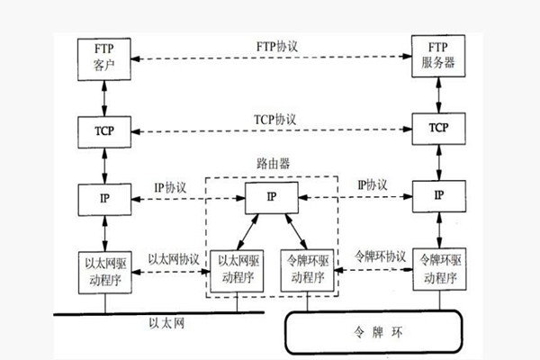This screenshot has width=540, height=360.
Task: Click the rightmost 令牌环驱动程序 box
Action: pyautogui.click(x=439, y=269)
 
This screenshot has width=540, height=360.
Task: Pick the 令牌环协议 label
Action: pyautogui.click(x=382, y=256)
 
